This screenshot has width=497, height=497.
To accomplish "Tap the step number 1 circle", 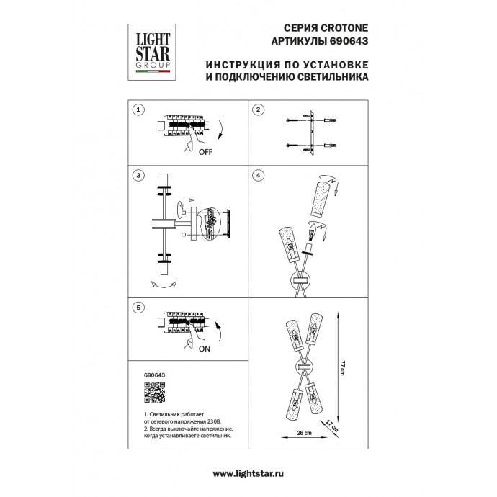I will coord(138,109).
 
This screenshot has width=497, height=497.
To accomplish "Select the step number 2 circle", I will coord(259,109).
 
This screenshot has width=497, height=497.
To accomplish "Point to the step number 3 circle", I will coord(138,175).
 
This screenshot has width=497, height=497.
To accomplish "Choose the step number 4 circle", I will coord(259,175).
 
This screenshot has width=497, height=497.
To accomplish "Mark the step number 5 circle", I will coord(138,308).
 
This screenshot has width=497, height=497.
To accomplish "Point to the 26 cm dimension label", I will coord(303,434).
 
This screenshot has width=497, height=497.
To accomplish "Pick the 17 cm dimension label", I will coord(331,424).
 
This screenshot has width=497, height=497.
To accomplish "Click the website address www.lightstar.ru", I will coord(248,473).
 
